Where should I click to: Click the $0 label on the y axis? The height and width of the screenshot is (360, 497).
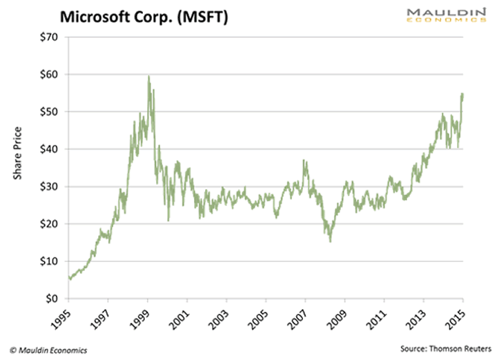pyautogui.click(x=50, y=299)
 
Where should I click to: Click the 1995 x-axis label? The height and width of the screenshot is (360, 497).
pyautogui.click(x=63, y=317)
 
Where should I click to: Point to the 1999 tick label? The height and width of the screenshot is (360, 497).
pyautogui.click(x=142, y=317)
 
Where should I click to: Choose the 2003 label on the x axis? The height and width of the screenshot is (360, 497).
pyautogui.click(x=221, y=317)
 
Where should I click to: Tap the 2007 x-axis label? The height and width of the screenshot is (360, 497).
pyautogui.click(x=300, y=317)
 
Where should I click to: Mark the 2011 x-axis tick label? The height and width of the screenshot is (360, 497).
pyautogui.click(x=378, y=317)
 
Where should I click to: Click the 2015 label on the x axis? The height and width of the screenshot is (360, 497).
pyautogui.click(x=457, y=317)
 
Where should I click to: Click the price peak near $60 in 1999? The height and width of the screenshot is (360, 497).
pyautogui.click(x=148, y=77)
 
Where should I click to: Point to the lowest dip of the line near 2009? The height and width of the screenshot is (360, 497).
pyautogui.click(x=331, y=241)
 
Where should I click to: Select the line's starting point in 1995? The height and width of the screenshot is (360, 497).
pyautogui.click(x=69, y=278)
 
